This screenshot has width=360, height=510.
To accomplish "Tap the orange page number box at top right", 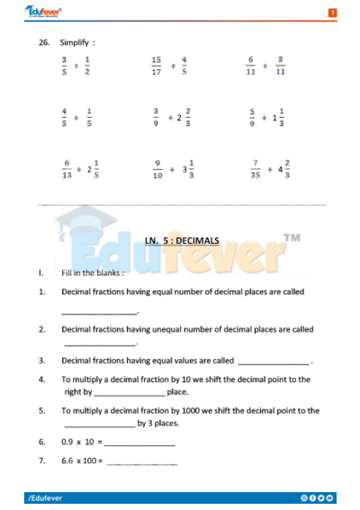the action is tap(332, 13).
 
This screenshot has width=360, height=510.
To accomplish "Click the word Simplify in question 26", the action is tap(77, 42).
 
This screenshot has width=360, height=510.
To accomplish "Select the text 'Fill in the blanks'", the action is tap(93, 272).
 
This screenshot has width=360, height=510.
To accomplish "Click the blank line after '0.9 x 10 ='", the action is tap(140, 444).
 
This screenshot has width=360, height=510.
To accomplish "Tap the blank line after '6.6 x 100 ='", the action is tap(142, 462).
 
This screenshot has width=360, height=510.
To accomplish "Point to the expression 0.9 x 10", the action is tap(79, 443).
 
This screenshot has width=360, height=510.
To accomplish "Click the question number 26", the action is tap(43, 42).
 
